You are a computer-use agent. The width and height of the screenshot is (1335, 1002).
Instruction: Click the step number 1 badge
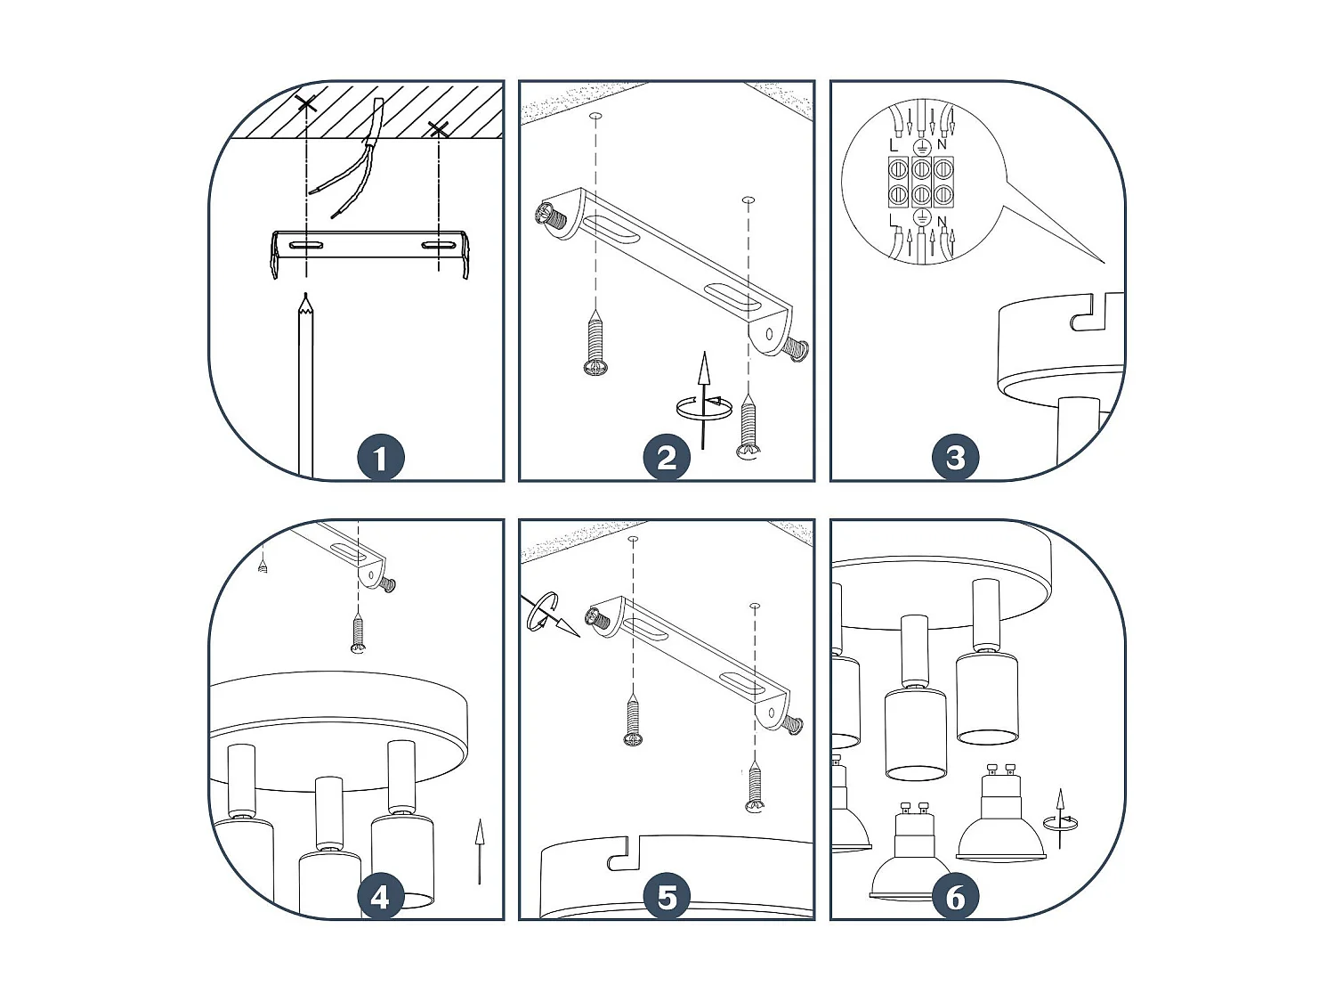pos(381,458)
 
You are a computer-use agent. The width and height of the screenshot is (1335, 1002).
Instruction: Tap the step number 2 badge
pos(667,458)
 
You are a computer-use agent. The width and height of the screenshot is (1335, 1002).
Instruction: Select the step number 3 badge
pos(955,458)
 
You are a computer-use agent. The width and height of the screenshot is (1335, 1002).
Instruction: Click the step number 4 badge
pos(381,897)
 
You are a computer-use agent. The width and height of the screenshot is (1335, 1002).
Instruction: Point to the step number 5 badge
pos(667,897)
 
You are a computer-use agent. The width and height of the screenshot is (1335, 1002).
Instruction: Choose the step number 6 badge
pos(955,897)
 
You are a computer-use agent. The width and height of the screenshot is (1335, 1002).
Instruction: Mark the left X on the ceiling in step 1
pos(306,103)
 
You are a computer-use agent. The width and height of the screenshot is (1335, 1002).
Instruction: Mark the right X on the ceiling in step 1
pos(438,129)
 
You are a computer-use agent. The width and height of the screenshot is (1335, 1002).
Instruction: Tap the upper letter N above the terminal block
pos(943,144)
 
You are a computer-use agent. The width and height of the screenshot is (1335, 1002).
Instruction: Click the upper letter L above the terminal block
pos(894,145)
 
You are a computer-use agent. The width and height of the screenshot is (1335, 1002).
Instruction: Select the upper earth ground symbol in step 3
pos(921,146)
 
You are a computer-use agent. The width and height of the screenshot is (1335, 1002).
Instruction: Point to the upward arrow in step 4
pos(479,851)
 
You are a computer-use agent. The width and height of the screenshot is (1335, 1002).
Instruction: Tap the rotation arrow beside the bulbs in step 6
pos(1060,819)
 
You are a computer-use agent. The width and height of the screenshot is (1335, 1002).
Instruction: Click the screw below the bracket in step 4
pos(359,633)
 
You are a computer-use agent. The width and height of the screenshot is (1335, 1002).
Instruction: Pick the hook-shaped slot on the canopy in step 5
pos(625,853)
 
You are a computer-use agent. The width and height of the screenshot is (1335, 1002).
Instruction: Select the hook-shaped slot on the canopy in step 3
pos(1088,313)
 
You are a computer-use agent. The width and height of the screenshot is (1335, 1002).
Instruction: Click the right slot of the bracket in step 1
pos(439,245)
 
